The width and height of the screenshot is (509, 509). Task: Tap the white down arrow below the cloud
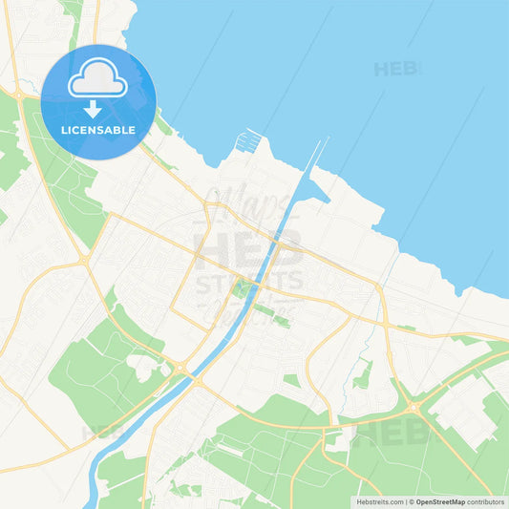pos(93,109)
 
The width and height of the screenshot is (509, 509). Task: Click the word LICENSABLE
pos(96,130)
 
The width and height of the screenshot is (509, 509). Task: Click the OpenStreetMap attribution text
pos(437,501)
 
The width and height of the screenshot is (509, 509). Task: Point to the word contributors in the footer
pos(486,501)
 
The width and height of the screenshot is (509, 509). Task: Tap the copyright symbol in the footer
pos(411,501)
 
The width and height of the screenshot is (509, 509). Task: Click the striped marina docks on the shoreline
pos(247,142)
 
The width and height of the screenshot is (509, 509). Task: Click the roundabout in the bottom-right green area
pos(414,408)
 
